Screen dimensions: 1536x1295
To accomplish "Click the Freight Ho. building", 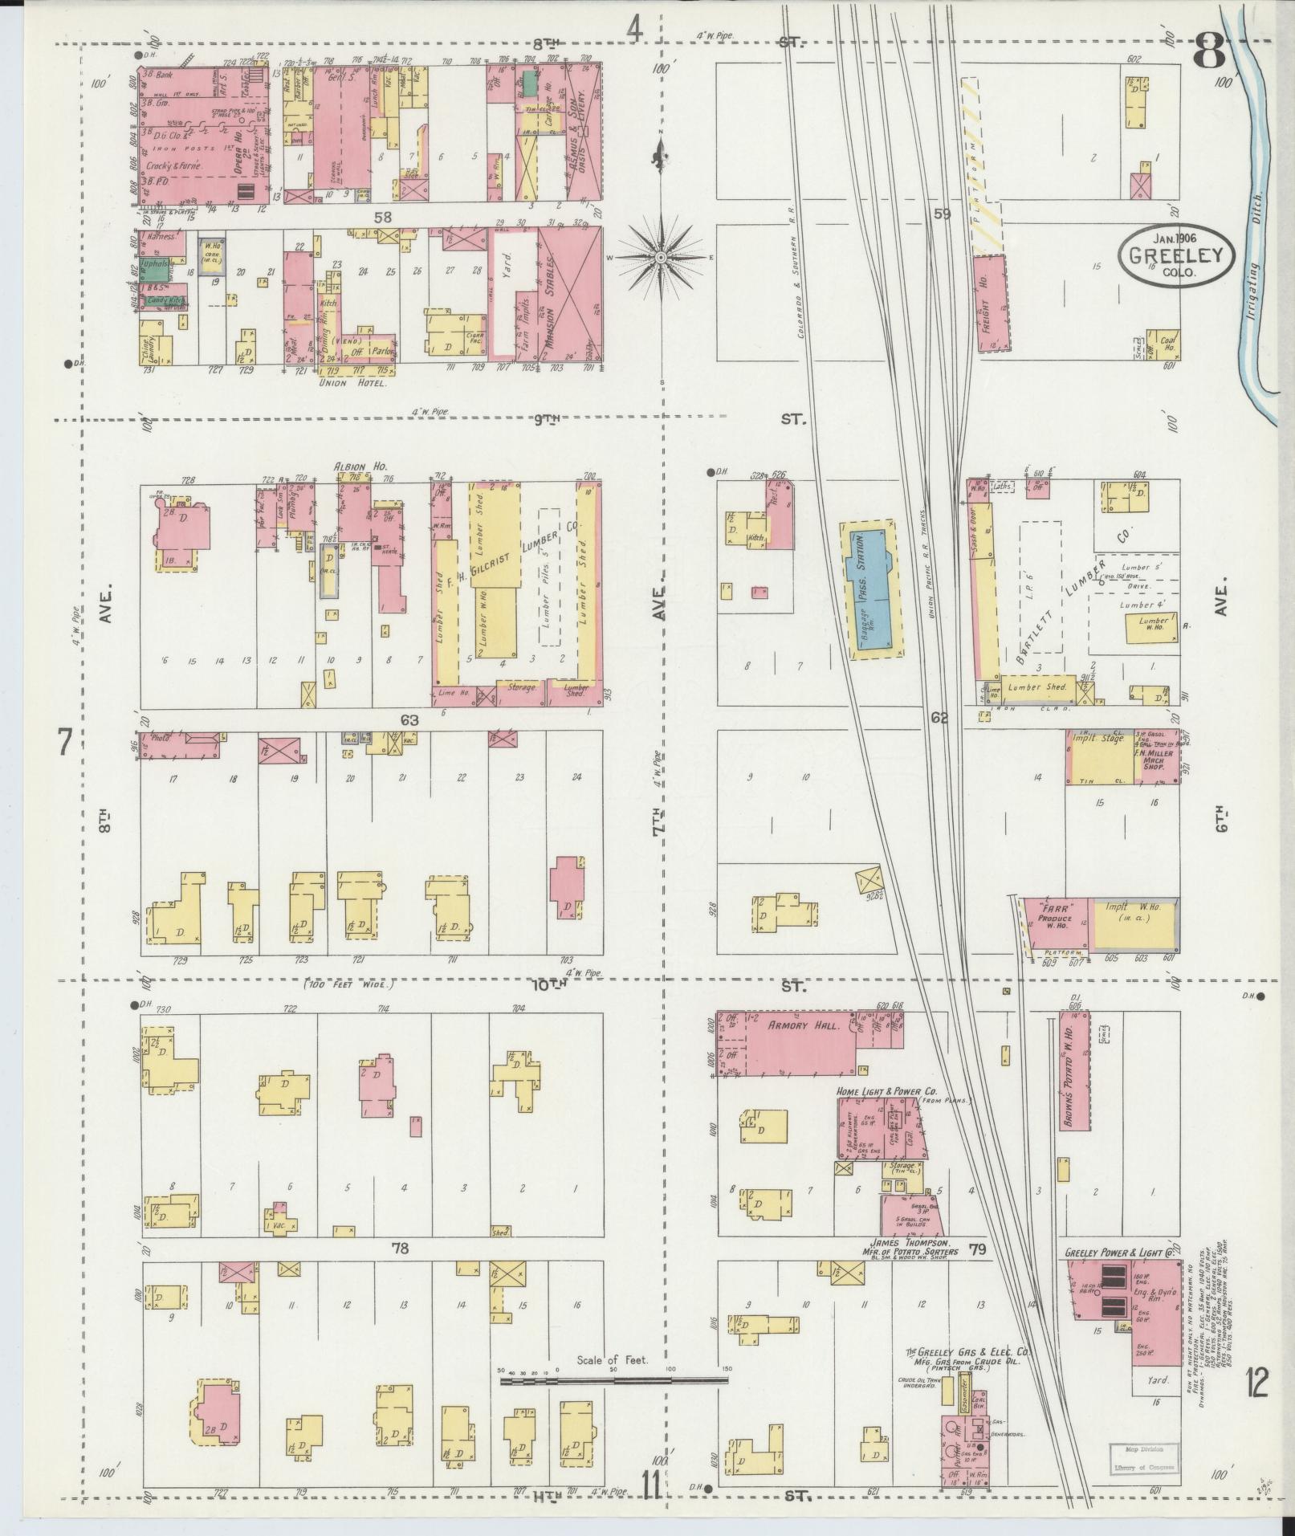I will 991,304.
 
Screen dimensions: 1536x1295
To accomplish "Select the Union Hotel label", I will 348,383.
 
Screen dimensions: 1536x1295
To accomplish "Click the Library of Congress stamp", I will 1142,1457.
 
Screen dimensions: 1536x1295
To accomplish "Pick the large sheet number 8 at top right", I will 1208,51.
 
